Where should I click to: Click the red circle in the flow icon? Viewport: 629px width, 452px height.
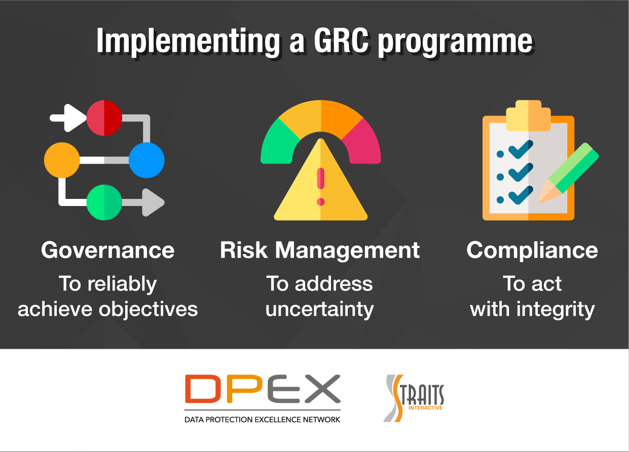(x=104, y=118)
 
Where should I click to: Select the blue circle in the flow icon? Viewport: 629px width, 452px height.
(x=146, y=160)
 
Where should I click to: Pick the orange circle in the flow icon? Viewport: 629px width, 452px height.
(x=62, y=160)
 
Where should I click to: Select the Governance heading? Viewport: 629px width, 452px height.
(x=107, y=250)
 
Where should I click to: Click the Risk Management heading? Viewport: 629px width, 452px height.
(x=320, y=250)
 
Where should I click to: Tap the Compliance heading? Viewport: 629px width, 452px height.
(x=532, y=250)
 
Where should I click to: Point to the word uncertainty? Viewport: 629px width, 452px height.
(x=320, y=309)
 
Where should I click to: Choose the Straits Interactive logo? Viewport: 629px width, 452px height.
(x=414, y=398)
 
